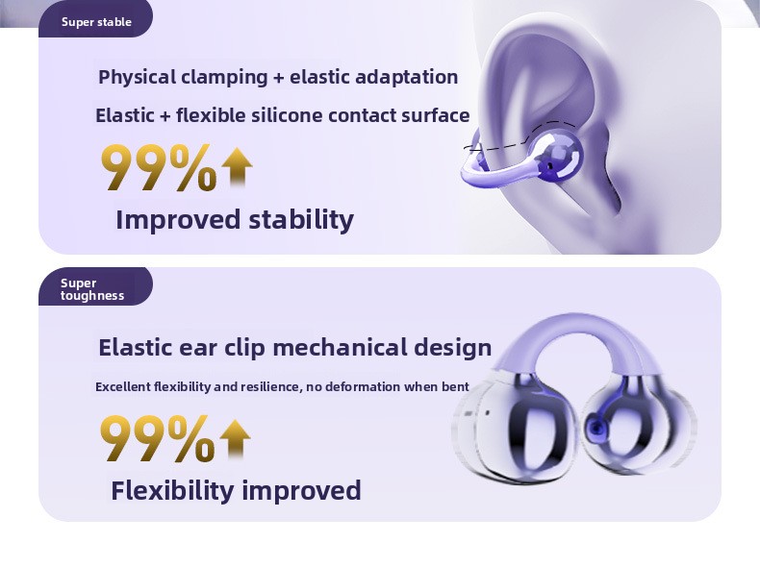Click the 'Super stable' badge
[96, 19]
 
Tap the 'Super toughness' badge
[96, 286]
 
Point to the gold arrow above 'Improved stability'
[237, 167]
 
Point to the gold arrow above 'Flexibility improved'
[235, 438]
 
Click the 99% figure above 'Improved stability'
[159, 167]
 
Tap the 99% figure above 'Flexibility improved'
[158, 438]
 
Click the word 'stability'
[301, 220]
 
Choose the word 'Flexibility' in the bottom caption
[172, 491]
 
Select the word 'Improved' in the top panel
[178, 220]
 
